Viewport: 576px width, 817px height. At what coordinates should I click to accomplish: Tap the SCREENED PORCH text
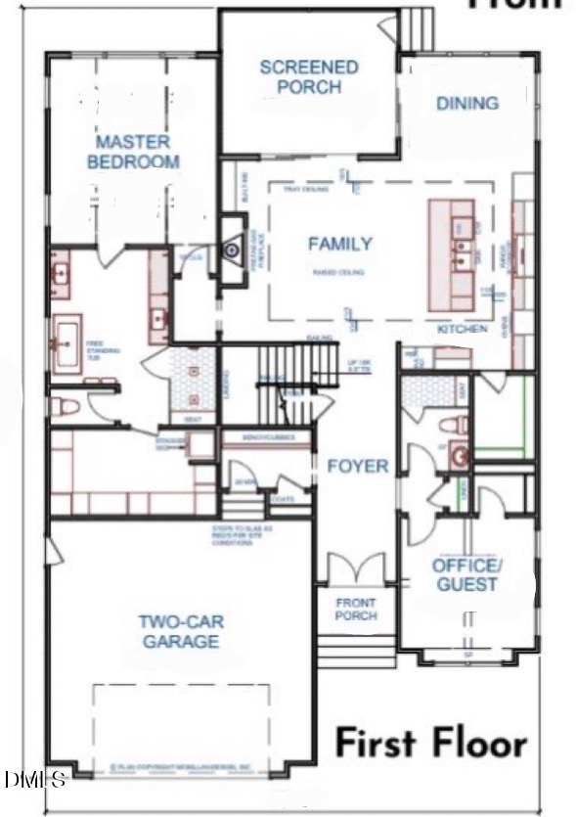(x=308, y=77)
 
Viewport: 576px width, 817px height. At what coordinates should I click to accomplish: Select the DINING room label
(x=466, y=103)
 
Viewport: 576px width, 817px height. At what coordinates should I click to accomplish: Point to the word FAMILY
(x=339, y=244)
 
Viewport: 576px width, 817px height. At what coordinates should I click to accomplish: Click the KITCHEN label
(x=462, y=329)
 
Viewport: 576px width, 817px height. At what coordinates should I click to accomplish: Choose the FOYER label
(x=357, y=466)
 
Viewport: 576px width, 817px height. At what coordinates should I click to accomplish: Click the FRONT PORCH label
(x=356, y=610)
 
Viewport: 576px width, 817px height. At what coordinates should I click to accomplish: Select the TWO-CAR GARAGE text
(x=178, y=631)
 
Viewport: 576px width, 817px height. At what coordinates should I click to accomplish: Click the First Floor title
(x=431, y=743)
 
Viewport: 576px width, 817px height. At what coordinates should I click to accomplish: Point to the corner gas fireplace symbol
(x=231, y=250)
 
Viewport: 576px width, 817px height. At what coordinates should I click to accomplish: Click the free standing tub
(x=66, y=343)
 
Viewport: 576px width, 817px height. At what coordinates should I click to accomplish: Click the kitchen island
(x=451, y=253)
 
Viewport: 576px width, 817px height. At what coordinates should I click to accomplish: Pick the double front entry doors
(x=349, y=571)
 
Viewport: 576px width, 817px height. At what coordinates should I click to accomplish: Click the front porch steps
(x=355, y=650)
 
